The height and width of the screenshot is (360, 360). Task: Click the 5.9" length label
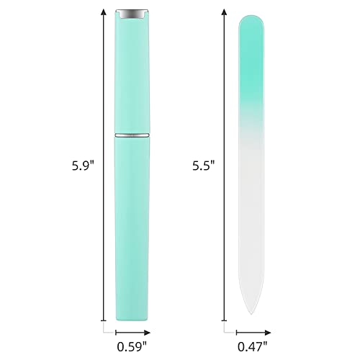[x=83, y=164]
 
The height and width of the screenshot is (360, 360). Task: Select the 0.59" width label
[x=132, y=345]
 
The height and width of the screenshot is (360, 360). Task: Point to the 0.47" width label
[x=254, y=345]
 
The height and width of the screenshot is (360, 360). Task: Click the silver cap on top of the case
[x=132, y=13]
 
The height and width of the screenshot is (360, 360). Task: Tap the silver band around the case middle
[x=132, y=135]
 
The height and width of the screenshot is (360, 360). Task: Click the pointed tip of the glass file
[x=248, y=311]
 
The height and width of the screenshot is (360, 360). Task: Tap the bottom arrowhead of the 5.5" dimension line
[x=224, y=315]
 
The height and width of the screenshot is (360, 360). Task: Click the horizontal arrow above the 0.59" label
[x=132, y=332]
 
